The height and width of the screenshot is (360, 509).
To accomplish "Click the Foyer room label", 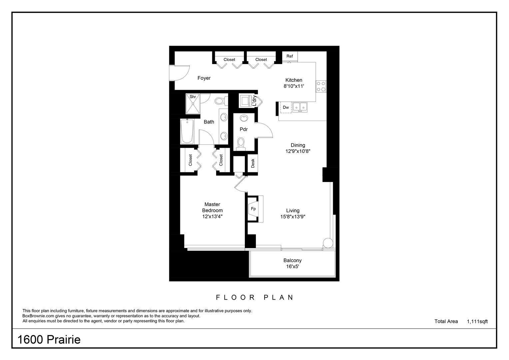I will click(204, 78).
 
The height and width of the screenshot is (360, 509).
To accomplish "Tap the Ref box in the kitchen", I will click(289, 56).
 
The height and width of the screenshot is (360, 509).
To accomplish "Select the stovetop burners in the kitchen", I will click(321, 86).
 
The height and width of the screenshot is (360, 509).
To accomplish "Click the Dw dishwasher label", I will click(286, 107).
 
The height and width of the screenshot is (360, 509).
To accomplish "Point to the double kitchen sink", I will click(300, 107).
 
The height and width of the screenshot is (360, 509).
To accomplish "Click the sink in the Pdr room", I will click(244, 118).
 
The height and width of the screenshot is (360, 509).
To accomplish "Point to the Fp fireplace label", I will click(253, 209).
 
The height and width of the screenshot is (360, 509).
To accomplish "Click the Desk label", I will click(253, 163).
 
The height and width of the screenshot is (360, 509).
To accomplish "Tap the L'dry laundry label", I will click(254, 101).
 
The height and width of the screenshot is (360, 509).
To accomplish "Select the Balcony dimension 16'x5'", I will click(292, 267).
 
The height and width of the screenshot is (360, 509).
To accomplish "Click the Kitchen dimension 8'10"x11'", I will click(294, 86).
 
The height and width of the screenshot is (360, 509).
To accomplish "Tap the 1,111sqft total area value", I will click(477, 321).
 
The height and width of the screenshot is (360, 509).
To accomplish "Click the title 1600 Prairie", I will click(49, 340).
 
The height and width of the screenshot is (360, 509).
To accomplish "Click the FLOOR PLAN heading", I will click(255, 297).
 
